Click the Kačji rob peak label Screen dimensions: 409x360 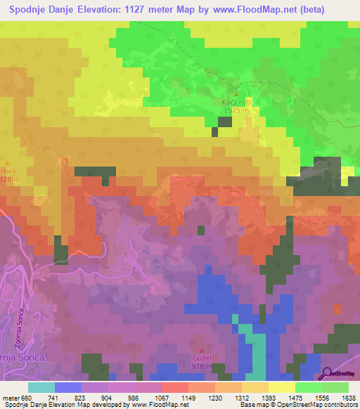231,102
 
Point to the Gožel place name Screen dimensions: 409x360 205,357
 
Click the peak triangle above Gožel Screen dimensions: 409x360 205,349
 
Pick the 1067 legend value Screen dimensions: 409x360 148,397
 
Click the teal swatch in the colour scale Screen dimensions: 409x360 41,387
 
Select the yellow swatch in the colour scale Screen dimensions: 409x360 281,387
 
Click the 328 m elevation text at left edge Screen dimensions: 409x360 6,180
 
